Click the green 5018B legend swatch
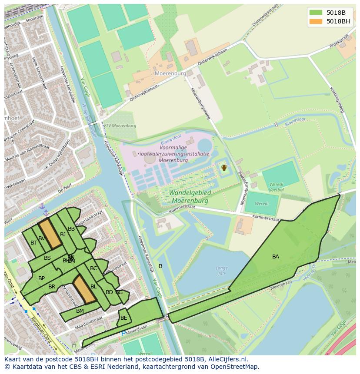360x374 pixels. tap(316, 12)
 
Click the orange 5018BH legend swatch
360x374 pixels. tap(316, 21)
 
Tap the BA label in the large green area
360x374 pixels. tap(276, 257)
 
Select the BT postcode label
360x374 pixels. tap(33, 243)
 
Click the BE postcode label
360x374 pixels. tap(123, 318)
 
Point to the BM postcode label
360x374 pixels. tap(80, 311)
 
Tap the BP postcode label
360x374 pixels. tap(41, 278)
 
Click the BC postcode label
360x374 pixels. tap(93, 268)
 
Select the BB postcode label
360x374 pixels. tap(71, 228)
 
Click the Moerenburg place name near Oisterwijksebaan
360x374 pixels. tap(170, 73)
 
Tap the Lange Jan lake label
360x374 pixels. tap(222, 271)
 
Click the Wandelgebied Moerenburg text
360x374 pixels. tap(190, 197)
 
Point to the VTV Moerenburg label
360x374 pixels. tap(120, 126)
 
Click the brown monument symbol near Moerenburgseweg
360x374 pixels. tap(224, 167)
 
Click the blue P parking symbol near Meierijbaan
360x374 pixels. tap(123, 333)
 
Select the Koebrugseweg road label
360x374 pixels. tap(336, 100)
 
